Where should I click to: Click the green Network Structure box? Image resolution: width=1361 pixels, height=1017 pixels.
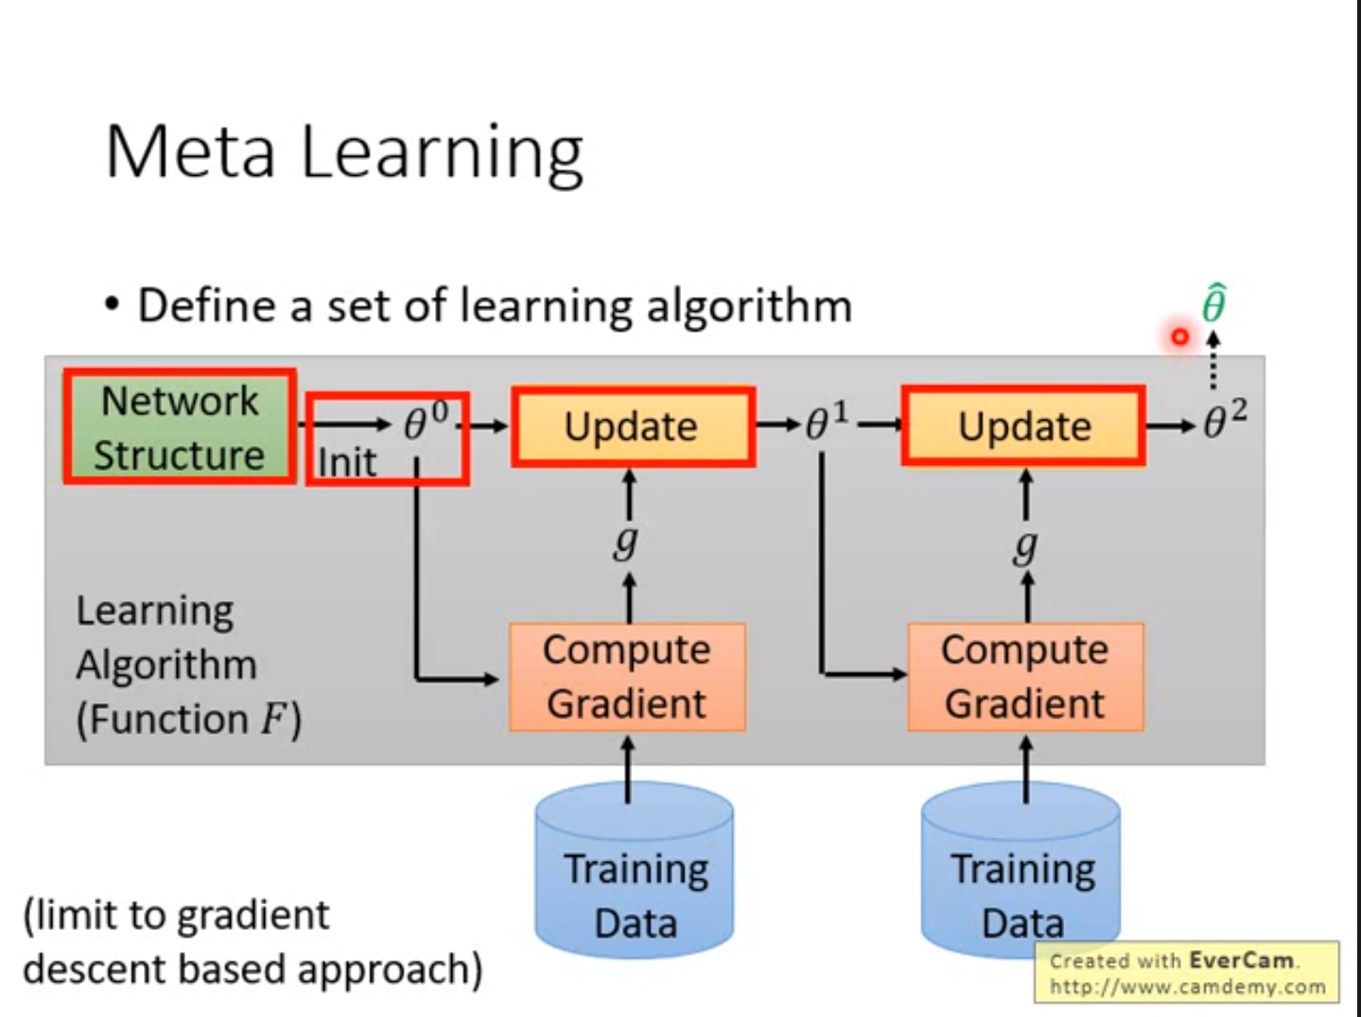pyautogui.click(x=180, y=427)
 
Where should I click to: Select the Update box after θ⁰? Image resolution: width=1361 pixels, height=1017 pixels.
pyautogui.click(x=632, y=426)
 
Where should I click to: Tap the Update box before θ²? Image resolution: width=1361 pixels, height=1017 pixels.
pyautogui.click(x=1024, y=426)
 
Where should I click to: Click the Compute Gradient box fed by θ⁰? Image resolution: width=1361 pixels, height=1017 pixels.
pyautogui.click(x=627, y=677)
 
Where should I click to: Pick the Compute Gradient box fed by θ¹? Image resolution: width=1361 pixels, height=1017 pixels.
pyautogui.click(x=1025, y=677)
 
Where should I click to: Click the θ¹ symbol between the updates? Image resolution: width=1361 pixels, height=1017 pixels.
pyautogui.click(x=826, y=422)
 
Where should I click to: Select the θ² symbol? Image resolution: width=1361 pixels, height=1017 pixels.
pyautogui.click(x=1224, y=420)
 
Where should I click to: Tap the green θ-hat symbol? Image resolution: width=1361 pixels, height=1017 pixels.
pyautogui.click(x=1213, y=304)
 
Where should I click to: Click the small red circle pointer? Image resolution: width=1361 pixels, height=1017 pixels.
pyautogui.click(x=1179, y=336)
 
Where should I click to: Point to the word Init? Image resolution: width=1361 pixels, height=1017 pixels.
pyautogui.click(x=346, y=463)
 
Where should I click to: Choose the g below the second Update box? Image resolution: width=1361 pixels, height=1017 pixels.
pyautogui.click(x=1025, y=545)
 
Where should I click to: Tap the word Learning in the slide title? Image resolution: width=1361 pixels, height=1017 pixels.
pyautogui.click(x=443, y=153)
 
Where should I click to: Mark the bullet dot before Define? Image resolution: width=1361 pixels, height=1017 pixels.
pyautogui.click(x=113, y=305)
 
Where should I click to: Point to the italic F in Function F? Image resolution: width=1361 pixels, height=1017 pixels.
pyautogui.click(x=274, y=719)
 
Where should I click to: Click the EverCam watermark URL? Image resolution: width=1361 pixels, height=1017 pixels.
pyautogui.click(x=1187, y=986)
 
